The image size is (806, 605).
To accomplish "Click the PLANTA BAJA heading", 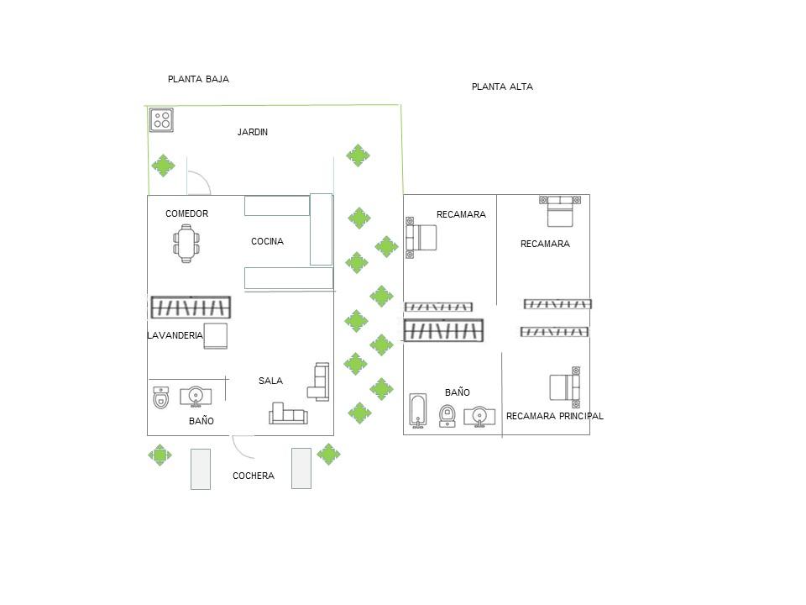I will click(198, 79).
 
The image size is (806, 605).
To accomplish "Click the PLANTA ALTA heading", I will click(502, 87).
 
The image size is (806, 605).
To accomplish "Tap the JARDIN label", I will click(253, 132).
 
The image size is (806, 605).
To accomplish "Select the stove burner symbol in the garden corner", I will click(161, 120).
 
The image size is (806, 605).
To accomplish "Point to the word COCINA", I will click(267, 241).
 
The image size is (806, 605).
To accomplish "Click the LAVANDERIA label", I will click(175, 335).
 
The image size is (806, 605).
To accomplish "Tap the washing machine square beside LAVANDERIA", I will click(216, 335).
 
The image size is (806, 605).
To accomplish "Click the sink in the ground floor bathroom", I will click(196, 395).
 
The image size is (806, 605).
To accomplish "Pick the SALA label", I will click(270, 381).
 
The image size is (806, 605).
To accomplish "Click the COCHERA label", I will click(254, 476).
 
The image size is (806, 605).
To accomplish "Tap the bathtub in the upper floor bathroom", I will click(419, 410).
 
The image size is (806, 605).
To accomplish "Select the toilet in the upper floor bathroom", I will click(448, 413).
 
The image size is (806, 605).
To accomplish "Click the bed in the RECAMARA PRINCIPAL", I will click(565, 387).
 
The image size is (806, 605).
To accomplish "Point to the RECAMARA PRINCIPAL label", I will click(554, 416).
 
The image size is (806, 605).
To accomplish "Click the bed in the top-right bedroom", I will click(560, 211).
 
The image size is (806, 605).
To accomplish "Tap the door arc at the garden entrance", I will click(199, 183).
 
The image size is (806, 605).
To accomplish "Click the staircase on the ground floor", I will click(191, 308).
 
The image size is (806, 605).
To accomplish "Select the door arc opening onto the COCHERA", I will click(243, 446).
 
